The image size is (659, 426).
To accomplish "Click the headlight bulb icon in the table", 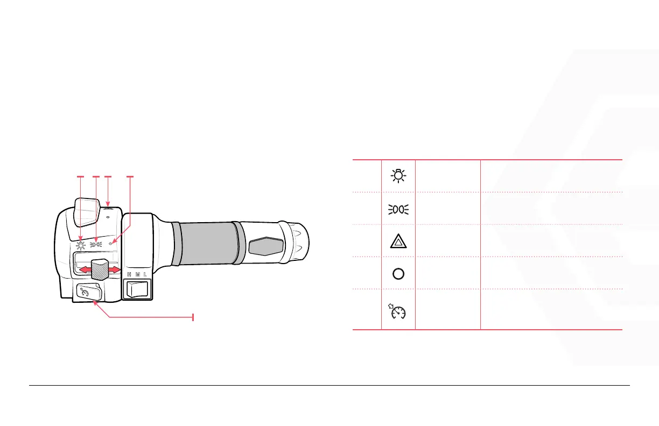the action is pyautogui.click(x=398, y=176).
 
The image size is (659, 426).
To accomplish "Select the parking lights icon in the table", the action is pyautogui.click(x=398, y=209).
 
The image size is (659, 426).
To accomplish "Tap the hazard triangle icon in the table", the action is pyautogui.click(x=398, y=242).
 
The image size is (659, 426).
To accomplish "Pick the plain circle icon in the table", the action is pyautogui.click(x=398, y=274).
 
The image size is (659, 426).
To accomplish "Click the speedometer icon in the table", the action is pyautogui.click(x=397, y=311).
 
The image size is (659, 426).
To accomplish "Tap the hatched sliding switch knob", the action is pyautogui.click(x=100, y=269).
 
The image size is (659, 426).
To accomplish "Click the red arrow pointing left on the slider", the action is pyautogui.click(x=85, y=269).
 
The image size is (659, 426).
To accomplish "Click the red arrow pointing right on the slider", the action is pyautogui.click(x=115, y=269).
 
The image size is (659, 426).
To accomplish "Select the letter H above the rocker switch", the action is pyautogui.click(x=129, y=275).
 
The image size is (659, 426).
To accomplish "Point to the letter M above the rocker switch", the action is pyautogui.click(x=137, y=275).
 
